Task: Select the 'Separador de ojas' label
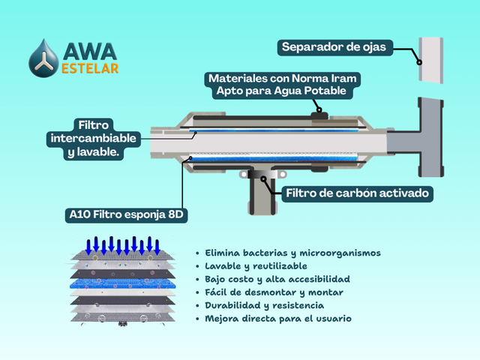click(334, 47)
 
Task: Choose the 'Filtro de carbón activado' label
click(358, 193)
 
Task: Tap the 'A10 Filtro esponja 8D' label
click(125, 215)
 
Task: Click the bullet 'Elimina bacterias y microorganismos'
click(293, 253)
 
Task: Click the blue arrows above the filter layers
click(123, 244)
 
